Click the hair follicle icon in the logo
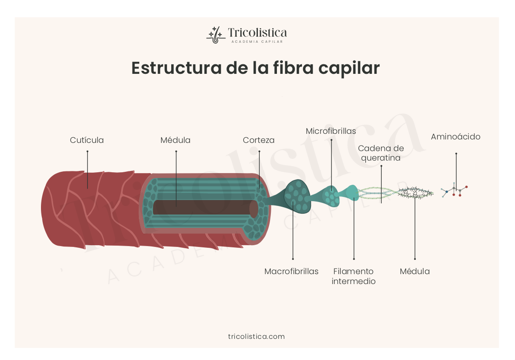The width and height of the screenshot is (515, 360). [214, 35]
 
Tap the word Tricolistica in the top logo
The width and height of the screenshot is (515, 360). [257, 33]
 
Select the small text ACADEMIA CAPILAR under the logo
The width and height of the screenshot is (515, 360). [257, 42]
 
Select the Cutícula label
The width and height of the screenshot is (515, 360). [87, 140]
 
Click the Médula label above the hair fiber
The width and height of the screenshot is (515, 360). [176, 140]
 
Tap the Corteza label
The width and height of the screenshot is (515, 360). [259, 140]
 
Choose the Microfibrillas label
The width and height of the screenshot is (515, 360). [331, 131]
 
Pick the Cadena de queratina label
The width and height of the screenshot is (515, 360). [381, 153]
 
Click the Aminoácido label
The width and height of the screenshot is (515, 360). [455, 137]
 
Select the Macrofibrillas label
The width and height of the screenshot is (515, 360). [292, 272]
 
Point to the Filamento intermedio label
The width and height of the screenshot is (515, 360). [354, 276]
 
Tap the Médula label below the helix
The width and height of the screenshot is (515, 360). [415, 272]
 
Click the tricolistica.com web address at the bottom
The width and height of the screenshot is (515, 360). [256, 336]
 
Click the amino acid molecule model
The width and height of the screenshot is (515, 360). [455, 190]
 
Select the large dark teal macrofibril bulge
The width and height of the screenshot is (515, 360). [297, 196]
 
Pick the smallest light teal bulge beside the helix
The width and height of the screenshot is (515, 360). [352, 192]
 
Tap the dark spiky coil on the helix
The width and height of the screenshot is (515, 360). [415, 193]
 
